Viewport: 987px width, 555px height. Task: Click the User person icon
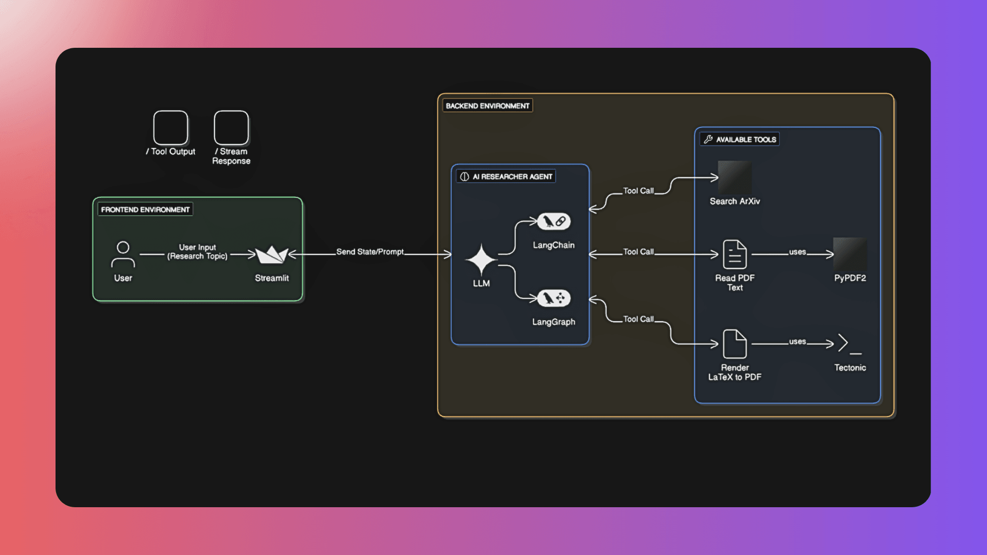pos(123,254)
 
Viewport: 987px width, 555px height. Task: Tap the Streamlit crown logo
pos(272,254)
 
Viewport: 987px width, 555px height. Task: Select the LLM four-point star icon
pos(481,260)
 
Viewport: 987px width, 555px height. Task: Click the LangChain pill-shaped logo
pos(554,221)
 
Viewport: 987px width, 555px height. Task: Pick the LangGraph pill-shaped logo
pos(554,298)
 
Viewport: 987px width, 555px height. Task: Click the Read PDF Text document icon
pos(735,254)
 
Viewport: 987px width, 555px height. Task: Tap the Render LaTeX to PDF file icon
pos(735,344)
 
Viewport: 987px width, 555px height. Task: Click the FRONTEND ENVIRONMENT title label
pos(145,210)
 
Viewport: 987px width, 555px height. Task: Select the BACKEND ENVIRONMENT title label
pos(487,106)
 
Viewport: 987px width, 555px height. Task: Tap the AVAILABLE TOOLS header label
pos(740,139)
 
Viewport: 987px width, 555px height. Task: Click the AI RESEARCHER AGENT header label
pos(506,177)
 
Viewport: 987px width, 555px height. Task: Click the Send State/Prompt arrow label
pos(370,252)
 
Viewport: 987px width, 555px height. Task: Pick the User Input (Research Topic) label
pos(197,252)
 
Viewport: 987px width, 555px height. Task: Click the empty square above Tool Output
pos(171,128)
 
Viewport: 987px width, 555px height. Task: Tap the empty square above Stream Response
pos(231,128)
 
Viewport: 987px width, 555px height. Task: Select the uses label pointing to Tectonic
pos(797,341)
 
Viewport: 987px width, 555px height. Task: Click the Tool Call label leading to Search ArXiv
pos(638,191)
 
